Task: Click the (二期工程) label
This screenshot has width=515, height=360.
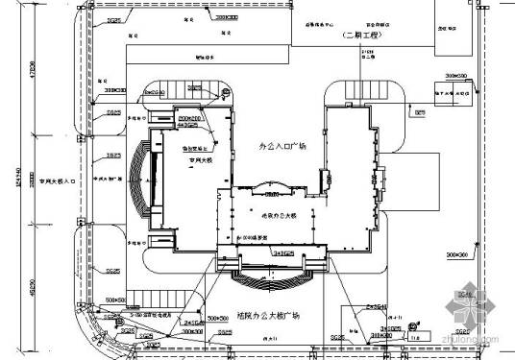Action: tap(362, 36)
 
